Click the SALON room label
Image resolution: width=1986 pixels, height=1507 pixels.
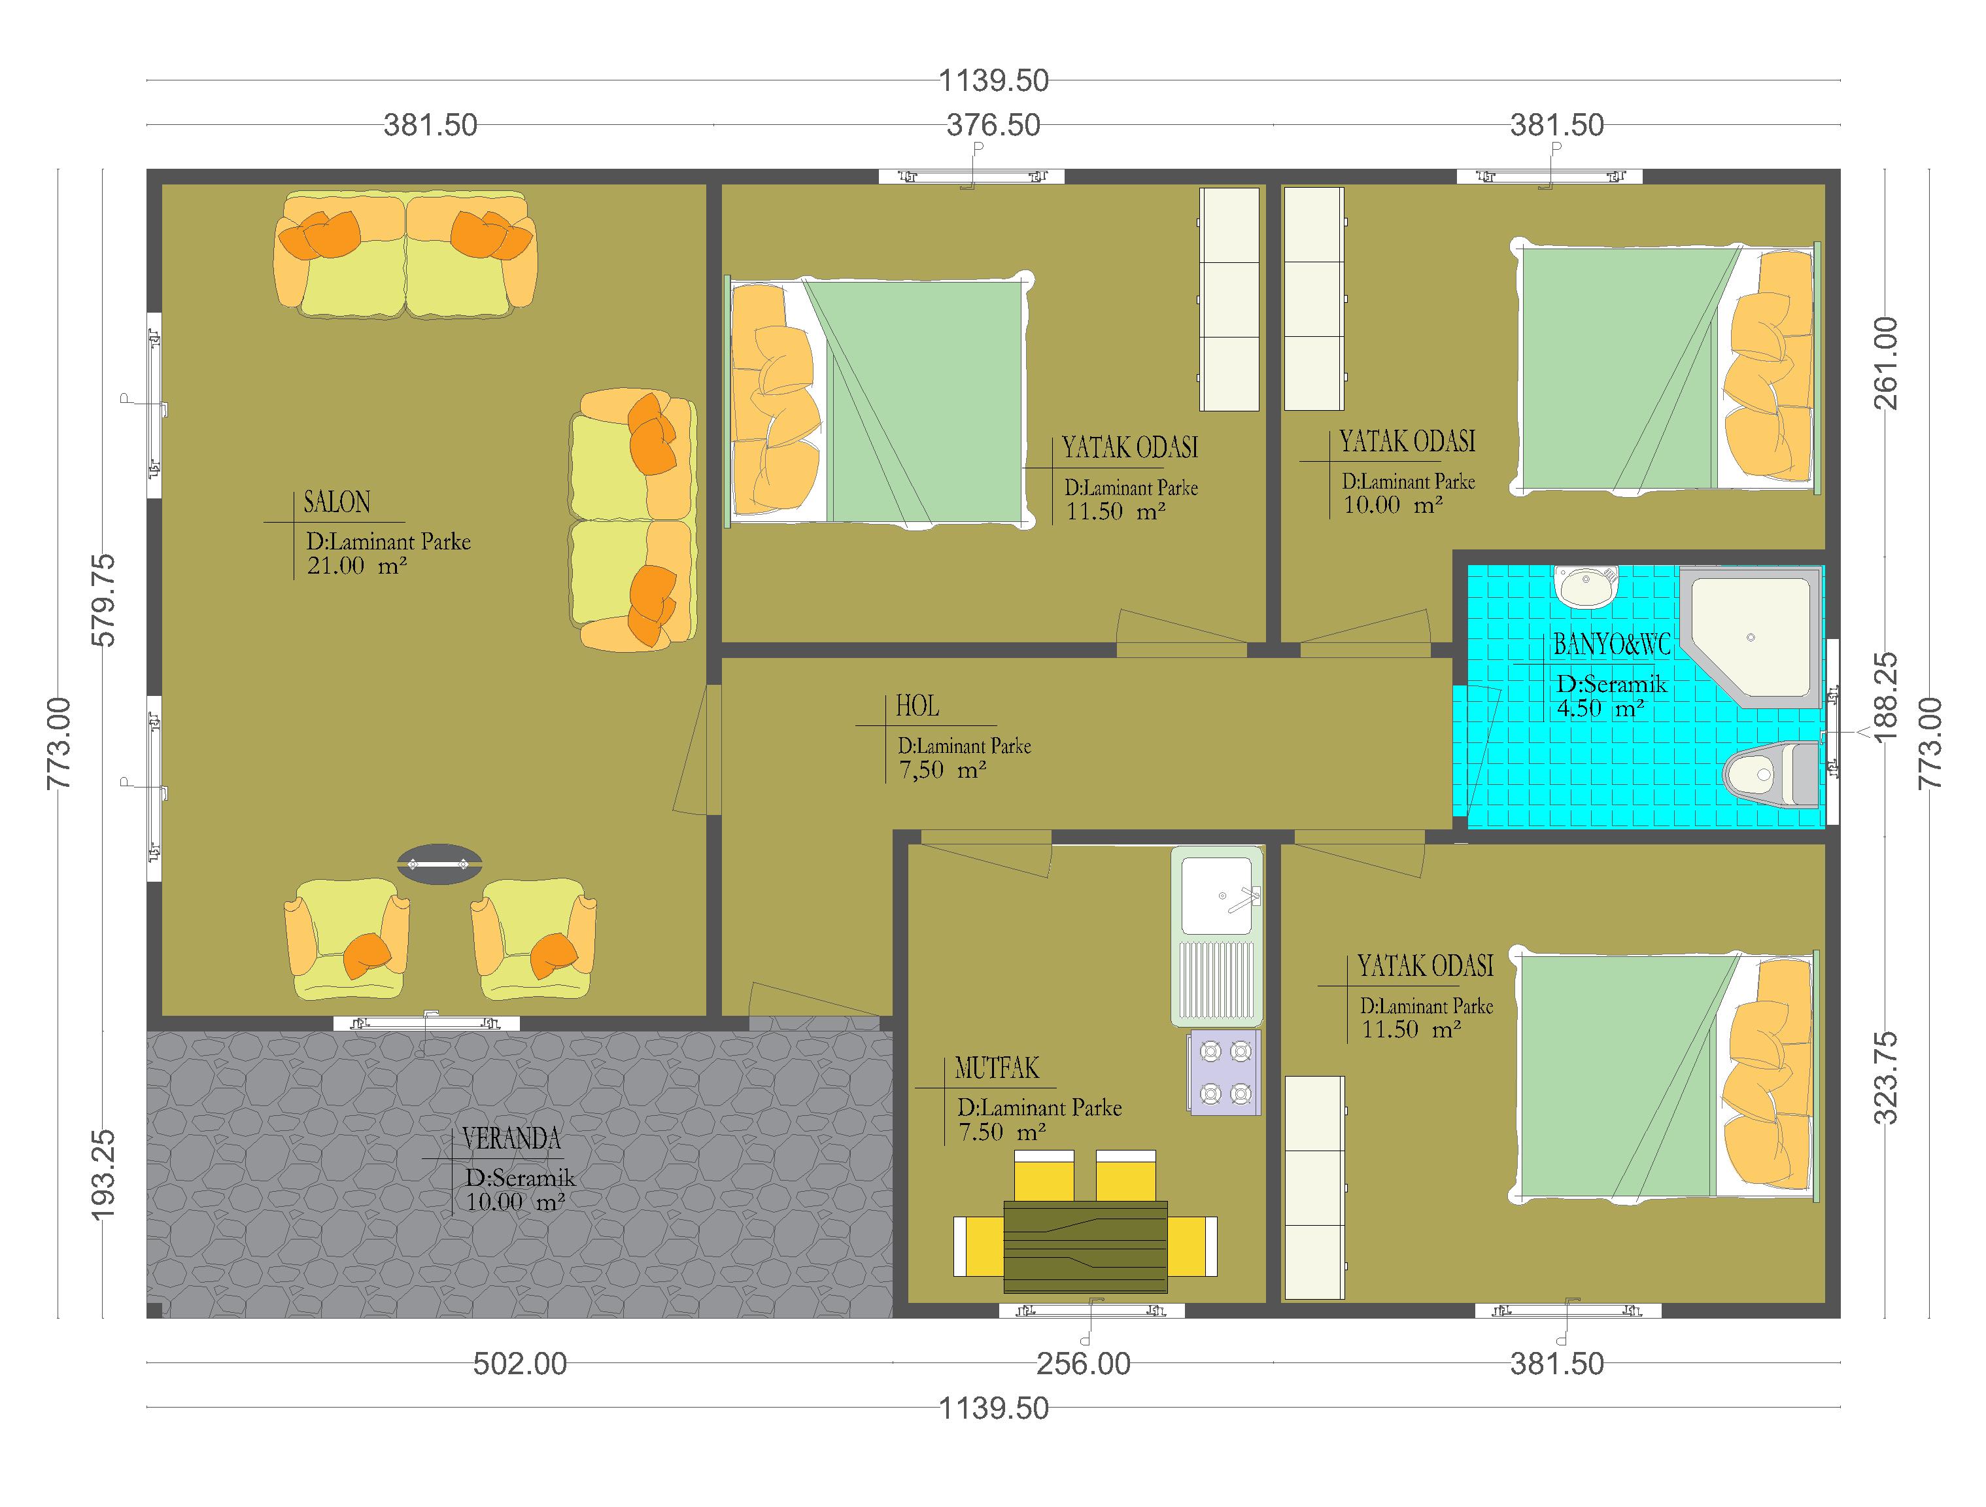337,502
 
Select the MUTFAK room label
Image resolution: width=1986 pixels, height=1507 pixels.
997,1068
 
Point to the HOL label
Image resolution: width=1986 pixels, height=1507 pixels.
917,707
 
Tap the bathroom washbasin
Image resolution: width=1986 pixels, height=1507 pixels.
1586,587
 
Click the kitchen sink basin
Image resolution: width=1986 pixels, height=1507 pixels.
1216,895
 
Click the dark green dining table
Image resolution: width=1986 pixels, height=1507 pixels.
1086,1245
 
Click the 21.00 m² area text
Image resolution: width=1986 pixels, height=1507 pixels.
357,566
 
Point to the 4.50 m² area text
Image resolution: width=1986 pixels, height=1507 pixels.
1601,708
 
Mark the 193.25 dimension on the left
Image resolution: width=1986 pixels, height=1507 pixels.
104,1174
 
